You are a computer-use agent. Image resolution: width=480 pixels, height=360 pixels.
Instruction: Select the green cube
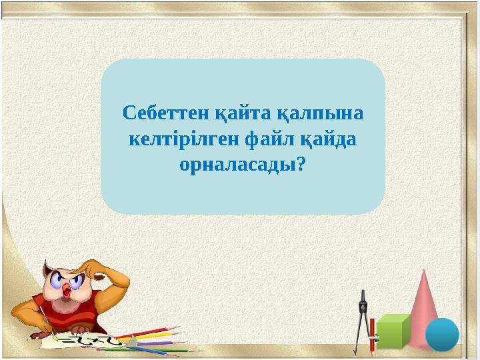click(x=393, y=331)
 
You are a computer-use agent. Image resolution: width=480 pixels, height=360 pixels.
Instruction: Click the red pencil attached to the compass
click(x=372, y=337)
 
